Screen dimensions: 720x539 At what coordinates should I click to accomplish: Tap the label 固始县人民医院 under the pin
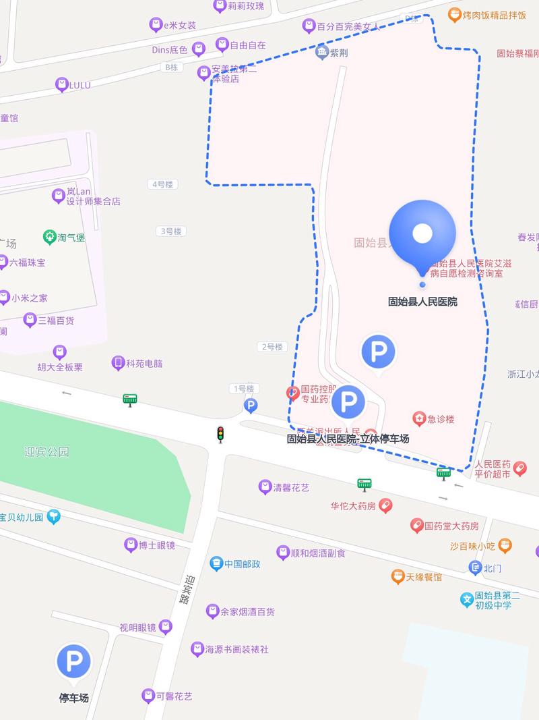(x=422, y=302)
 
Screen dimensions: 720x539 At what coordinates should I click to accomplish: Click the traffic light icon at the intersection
(x=220, y=435)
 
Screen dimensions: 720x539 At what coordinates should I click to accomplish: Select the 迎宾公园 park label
(x=46, y=452)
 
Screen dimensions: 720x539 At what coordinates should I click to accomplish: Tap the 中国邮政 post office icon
(x=216, y=563)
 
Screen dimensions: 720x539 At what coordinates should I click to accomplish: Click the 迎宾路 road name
(x=186, y=589)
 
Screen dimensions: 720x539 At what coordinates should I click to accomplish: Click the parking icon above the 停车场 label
(x=73, y=661)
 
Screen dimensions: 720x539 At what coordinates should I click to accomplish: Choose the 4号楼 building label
(x=162, y=184)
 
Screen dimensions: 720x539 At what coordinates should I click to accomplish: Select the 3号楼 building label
(x=170, y=231)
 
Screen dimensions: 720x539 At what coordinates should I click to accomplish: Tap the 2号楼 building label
(x=272, y=347)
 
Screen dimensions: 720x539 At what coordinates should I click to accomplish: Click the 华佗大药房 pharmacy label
(x=352, y=505)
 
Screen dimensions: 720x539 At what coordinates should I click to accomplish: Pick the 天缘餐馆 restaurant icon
(x=398, y=577)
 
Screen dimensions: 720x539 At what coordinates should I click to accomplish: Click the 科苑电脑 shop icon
(x=119, y=363)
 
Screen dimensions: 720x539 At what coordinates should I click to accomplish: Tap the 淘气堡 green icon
(x=49, y=237)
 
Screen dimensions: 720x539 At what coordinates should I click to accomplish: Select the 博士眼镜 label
(x=156, y=545)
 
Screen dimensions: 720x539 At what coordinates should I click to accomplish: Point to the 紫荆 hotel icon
(x=321, y=53)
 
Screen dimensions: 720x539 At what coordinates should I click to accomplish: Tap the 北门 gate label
(x=493, y=568)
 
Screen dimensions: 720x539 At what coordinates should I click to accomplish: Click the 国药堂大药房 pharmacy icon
(x=417, y=526)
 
